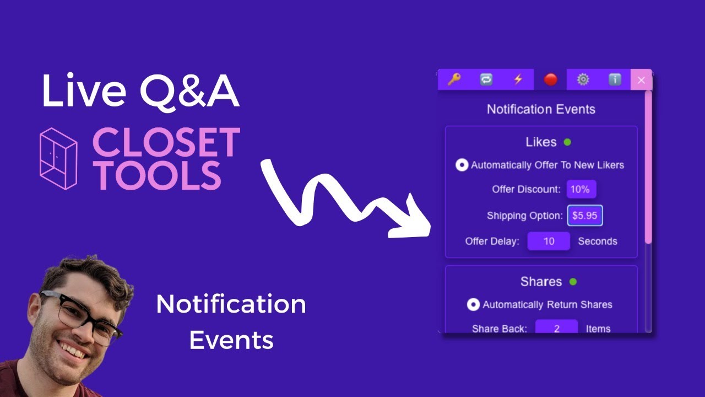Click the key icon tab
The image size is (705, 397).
(454, 79)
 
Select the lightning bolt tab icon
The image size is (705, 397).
(518, 79)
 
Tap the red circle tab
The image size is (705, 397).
(550, 80)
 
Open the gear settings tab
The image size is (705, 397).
(583, 79)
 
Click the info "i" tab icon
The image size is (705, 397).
(615, 79)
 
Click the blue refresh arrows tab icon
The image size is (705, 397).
(486, 79)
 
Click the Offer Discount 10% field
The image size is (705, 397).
(581, 189)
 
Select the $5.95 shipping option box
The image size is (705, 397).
(585, 216)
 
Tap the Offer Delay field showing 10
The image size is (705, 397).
(549, 241)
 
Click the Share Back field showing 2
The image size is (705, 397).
(556, 329)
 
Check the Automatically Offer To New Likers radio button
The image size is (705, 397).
(462, 165)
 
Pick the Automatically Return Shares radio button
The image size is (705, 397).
(473, 304)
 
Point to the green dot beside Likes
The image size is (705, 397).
(567, 142)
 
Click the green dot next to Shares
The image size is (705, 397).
(573, 282)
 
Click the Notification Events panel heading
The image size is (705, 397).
(541, 109)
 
